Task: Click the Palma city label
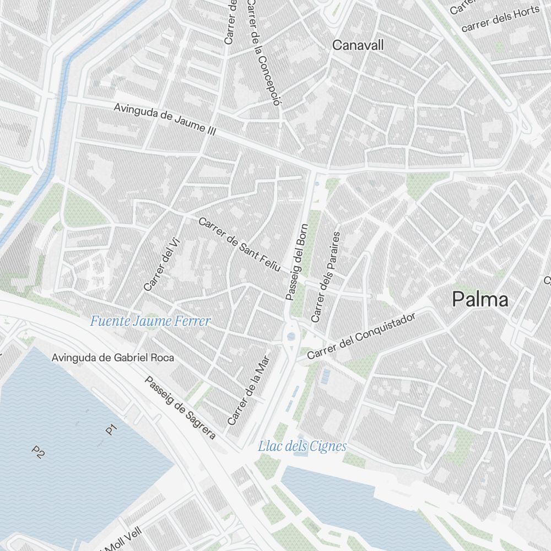click(480, 300)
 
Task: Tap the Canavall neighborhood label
click(358, 45)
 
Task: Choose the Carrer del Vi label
click(158, 268)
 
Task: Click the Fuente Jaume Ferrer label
click(150, 321)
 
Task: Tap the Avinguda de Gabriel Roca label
click(113, 358)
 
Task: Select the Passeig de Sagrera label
click(180, 408)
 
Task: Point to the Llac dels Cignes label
click(302, 446)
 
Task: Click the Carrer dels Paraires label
click(326, 277)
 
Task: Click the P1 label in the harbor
click(112, 429)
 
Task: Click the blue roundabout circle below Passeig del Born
click(291, 336)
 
